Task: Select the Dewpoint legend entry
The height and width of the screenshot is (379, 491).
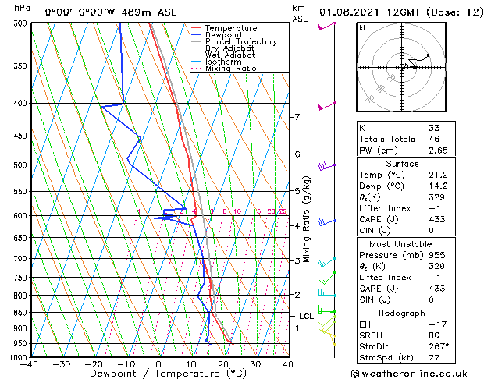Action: coord(224,35)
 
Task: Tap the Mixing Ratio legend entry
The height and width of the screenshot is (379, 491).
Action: coord(230,69)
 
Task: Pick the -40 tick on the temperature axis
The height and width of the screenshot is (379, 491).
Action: coord(30,363)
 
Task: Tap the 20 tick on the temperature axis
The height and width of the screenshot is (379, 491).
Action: coord(223,363)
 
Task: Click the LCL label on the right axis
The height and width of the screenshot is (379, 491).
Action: coord(306,316)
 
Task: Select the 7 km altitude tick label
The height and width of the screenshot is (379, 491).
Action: coord(297,117)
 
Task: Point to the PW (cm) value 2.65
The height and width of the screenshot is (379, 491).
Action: coord(438,150)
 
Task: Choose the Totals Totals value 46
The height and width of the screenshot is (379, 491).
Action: coord(434,139)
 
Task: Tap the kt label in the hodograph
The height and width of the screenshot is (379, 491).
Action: coord(362,28)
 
